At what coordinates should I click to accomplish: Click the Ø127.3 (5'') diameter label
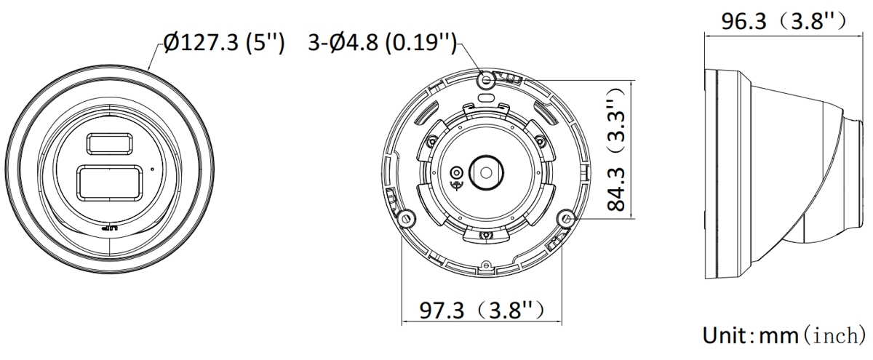pos(224,42)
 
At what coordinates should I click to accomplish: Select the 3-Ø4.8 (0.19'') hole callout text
pos(382,42)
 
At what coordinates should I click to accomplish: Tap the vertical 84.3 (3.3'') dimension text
pos(616,149)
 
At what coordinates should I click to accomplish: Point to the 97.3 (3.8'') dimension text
pos(482,311)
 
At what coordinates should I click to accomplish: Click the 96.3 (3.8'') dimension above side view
pos(784,21)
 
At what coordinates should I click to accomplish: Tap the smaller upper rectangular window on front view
pos(109,143)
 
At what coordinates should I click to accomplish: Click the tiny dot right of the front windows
pos(152,169)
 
